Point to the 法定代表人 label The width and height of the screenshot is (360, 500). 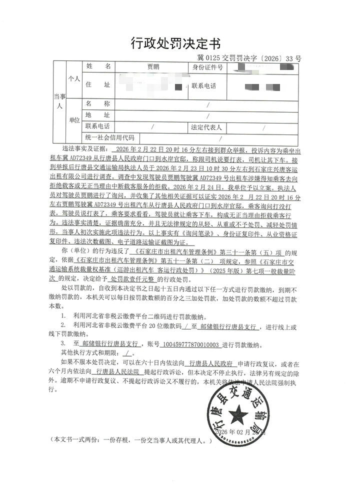click(206, 127)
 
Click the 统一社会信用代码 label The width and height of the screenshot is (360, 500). click(110, 137)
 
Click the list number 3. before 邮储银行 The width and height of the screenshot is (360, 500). click(62, 344)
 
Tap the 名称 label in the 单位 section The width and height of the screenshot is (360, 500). click(97, 103)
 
